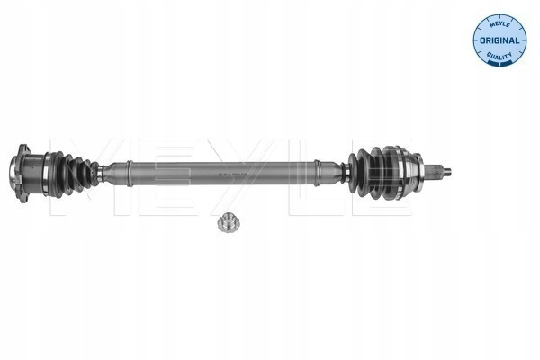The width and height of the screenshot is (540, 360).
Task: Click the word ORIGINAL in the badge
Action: coord(499,40)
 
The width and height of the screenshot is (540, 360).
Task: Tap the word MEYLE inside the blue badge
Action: coord(499,24)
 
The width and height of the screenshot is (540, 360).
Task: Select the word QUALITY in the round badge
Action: coord(499,55)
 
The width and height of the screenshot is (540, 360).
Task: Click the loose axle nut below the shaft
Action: coord(229,222)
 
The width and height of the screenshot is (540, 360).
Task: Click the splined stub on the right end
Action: coord(435,171)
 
